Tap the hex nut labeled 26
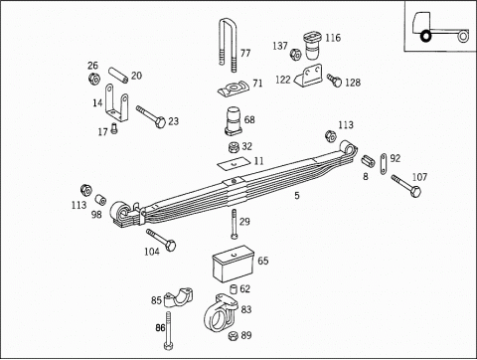94,79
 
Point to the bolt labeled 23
151,116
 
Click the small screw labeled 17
114,128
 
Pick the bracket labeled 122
309,76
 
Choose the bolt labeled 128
334,81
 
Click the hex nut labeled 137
296,54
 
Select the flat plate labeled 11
233,163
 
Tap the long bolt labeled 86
168,330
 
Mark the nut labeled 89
234,336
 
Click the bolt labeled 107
406,186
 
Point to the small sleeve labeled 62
235,288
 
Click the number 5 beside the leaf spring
297,196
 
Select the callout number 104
152,252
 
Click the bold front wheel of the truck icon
425,36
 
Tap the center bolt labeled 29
234,224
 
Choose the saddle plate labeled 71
233,89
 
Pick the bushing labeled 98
100,200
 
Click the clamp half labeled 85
179,297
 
